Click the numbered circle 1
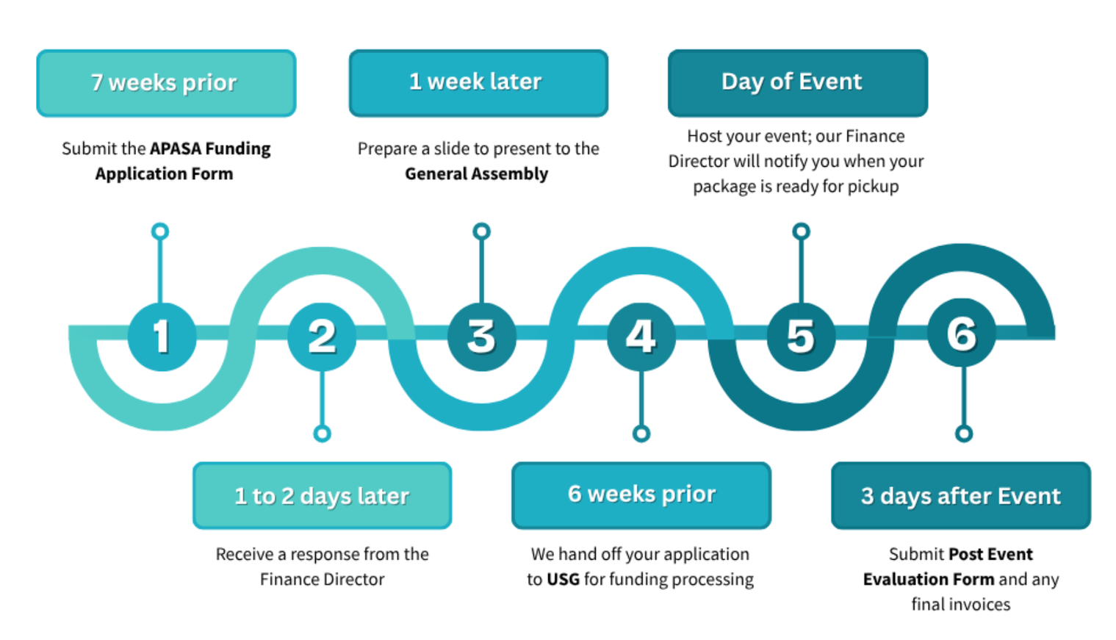(162, 337)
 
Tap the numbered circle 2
(322, 337)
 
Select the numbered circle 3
(481, 337)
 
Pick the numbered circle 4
(641, 337)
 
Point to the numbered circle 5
(801, 337)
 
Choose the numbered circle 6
(961, 334)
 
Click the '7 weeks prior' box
(166, 83)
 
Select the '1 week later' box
(478, 83)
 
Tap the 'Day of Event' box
(797, 83)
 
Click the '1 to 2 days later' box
(322, 496)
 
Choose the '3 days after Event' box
(960, 496)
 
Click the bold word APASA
(175, 148)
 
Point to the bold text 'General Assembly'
(476, 174)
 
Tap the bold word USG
(563, 580)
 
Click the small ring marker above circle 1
(160, 231)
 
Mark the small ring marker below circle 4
(641, 434)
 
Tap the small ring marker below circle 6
(964, 434)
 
